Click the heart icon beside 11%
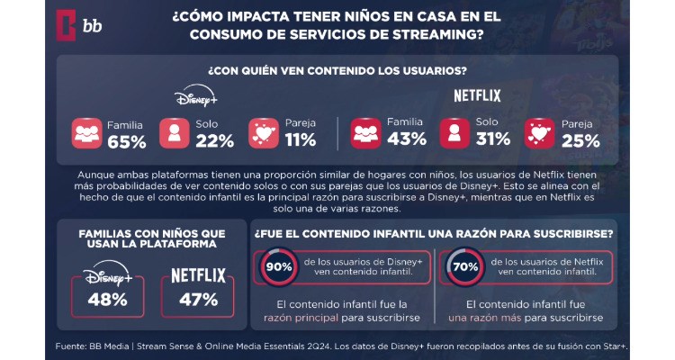tap(263, 132)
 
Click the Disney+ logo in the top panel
tap(196, 97)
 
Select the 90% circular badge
tap(277, 265)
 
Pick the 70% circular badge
tap(465, 265)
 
